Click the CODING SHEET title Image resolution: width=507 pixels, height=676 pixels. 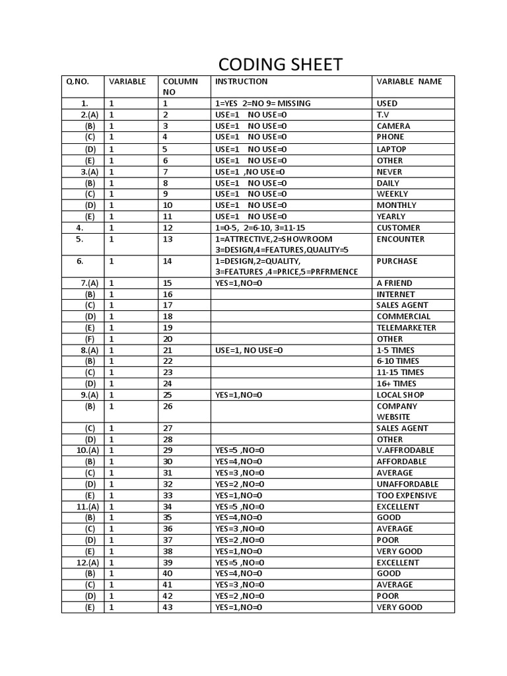pos(281,64)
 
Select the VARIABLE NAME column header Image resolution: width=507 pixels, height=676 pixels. pos(409,82)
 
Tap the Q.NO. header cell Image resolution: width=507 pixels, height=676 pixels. pos(77,82)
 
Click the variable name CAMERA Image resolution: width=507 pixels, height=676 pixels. pos(393,126)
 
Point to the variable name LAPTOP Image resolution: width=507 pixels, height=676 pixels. pos(391,149)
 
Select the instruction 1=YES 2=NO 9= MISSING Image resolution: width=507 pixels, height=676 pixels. pos(263,104)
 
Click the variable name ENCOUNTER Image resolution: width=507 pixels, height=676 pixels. pos(401,239)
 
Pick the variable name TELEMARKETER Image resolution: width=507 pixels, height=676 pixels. pos(406,327)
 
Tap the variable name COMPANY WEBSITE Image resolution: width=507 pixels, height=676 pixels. pos(397,411)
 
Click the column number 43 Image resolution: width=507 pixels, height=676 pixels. pos(167,607)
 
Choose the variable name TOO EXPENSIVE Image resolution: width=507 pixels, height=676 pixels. pos(407,495)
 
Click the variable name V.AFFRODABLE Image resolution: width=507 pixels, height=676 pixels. pos(405,450)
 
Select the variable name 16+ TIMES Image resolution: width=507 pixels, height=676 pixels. pos(396,384)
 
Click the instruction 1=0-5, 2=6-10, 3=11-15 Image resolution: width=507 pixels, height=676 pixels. pos(260,228)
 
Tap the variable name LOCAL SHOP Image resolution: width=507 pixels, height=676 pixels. pos(400,395)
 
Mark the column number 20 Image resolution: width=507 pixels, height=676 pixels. pos(167,339)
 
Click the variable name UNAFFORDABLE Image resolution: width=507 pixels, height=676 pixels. pos(407,484)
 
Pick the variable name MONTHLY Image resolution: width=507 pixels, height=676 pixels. pos(396,205)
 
